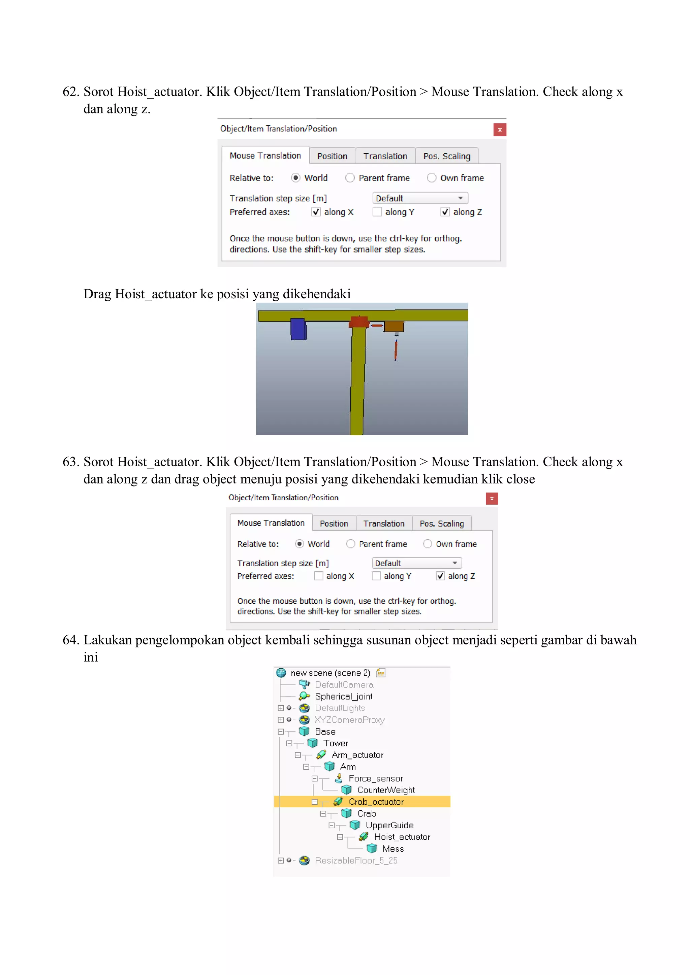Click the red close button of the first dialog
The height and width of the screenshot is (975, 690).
pyautogui.click(x=500, y=130)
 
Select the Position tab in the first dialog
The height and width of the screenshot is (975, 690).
pyautogui.click(x=332, y=156)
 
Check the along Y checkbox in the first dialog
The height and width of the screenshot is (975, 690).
pyautogui.click(x=377, y=212)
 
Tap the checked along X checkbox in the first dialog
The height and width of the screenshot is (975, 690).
pyautogui.click(x=316, y=212)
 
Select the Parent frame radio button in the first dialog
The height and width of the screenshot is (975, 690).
pyautogui.click(x=350, y=178)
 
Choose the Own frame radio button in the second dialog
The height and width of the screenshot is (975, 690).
pyautogui.click(x=428, y=544)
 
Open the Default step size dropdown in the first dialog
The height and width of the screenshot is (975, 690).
pyautogui.click(x=420, y=198)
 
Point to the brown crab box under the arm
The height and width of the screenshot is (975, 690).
pyautogui.click(x=394, y=326)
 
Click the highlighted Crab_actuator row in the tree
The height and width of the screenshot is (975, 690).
pyautogui.click(x=376, y=802)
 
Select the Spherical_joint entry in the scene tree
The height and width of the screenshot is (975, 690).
pyautogui.click(x=343, y=697)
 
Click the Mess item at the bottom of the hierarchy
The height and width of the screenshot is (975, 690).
pyautogui.click(x=393, y=848)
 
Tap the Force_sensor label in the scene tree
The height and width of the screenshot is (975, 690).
pyautogui.click(x=375, y=778)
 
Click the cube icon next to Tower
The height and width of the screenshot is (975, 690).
pyautogui.click(x=313, y=743)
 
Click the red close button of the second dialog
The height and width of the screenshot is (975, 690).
pyautogui.click(x=492, y=498)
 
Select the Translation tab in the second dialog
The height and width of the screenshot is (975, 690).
pyautogui.click(x=384, y=524)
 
